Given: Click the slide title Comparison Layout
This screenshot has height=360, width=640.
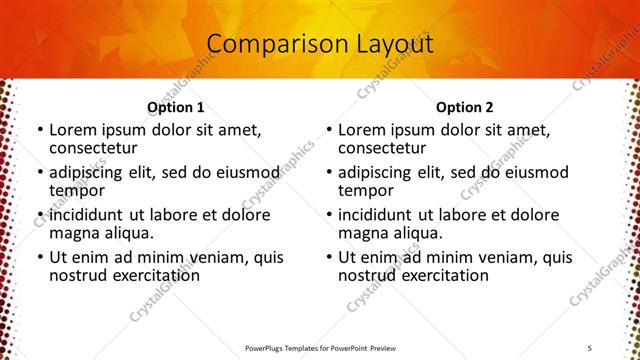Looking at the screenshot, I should point(320,44).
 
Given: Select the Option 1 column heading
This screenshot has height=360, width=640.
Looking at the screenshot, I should point(176,107).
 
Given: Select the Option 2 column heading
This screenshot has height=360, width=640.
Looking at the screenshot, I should point(465,107).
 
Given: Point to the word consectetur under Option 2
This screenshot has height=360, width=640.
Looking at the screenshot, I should point(385,149).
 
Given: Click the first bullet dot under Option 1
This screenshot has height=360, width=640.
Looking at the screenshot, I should point(40,131).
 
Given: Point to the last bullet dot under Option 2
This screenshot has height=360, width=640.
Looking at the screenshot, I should point(329,257).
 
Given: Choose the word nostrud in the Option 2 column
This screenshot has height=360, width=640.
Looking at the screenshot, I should point(367,275).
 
